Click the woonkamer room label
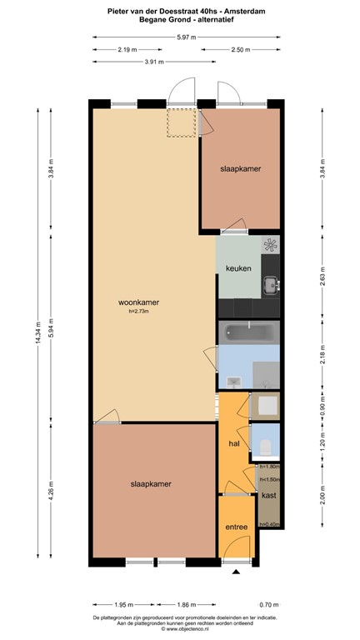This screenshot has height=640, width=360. pos(139,302)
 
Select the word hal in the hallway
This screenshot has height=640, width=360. pos(234,444)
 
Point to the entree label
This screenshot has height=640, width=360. pos(237,527)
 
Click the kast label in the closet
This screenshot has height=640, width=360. pos(268,496)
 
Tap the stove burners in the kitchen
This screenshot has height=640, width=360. pos(270,244)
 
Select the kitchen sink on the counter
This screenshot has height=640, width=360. pos(270,286)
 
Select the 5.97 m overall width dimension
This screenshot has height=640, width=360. pos(187,37)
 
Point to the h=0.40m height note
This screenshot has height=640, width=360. pos(268,524)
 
